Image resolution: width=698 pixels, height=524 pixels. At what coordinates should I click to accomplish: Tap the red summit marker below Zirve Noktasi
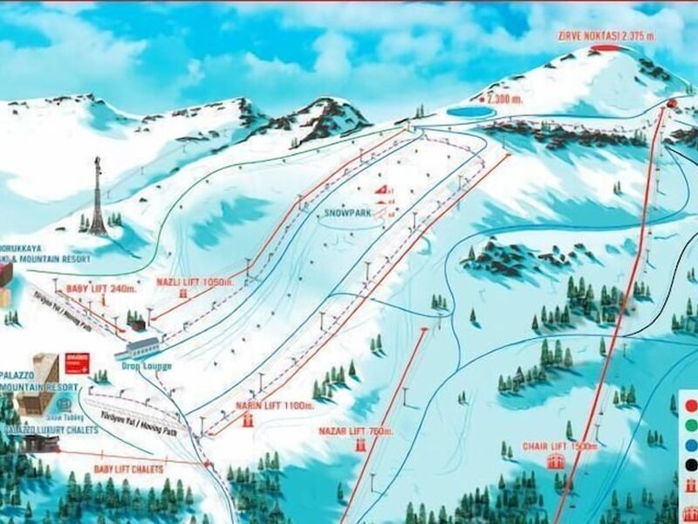612,49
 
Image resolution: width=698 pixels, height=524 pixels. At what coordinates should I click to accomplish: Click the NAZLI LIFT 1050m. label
196,282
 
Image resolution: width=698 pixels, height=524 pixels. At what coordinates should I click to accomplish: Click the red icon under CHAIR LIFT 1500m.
554,462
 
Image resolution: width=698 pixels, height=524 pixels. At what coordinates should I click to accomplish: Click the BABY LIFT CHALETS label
128,469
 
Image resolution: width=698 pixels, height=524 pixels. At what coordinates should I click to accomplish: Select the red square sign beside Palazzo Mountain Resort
72,362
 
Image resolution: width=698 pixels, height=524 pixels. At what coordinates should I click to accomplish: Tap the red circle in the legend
691,404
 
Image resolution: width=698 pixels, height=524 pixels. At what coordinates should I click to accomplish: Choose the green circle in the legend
691,425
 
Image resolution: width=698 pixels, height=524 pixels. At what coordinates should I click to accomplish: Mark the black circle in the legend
691,466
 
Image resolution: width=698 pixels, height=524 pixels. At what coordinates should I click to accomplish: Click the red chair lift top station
671,104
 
